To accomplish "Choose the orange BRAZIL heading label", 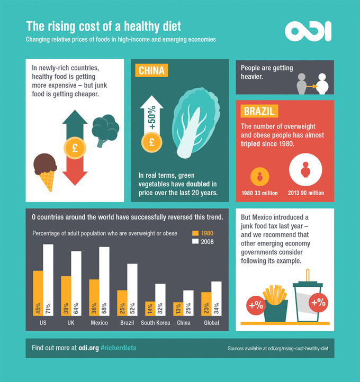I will pos(258,111).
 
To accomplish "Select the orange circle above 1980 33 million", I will pos(259,176).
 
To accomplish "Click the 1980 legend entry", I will pos(204,233).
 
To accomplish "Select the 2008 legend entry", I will pos(204,241).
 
